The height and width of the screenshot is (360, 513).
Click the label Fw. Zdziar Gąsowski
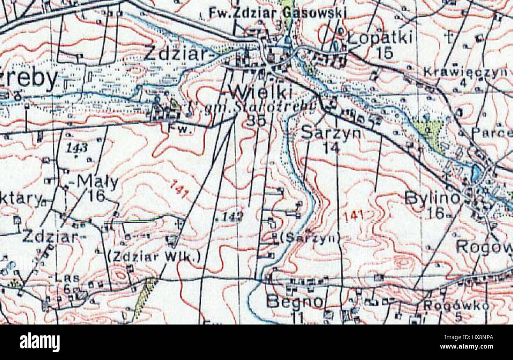(277, 13)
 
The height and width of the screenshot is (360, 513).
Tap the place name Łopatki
(380, 38)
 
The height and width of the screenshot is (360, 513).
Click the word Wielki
(262, 93)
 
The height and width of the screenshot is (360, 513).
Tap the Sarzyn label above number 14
(331, 133)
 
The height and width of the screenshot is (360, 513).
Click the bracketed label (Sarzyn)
(310, 237)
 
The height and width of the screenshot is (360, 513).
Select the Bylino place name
(432, 198)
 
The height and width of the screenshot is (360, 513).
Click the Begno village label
(295, 302)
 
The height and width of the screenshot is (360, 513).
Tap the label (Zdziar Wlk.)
(154, 257)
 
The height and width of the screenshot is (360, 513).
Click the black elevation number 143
(77, 148)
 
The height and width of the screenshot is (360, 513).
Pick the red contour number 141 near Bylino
(353, 216)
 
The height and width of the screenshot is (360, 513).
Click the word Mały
(97, 182)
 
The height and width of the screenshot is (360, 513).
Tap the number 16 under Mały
(96, 196)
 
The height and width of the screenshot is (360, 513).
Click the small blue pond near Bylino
(476, 172)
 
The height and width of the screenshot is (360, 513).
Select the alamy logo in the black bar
(39, 342)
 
